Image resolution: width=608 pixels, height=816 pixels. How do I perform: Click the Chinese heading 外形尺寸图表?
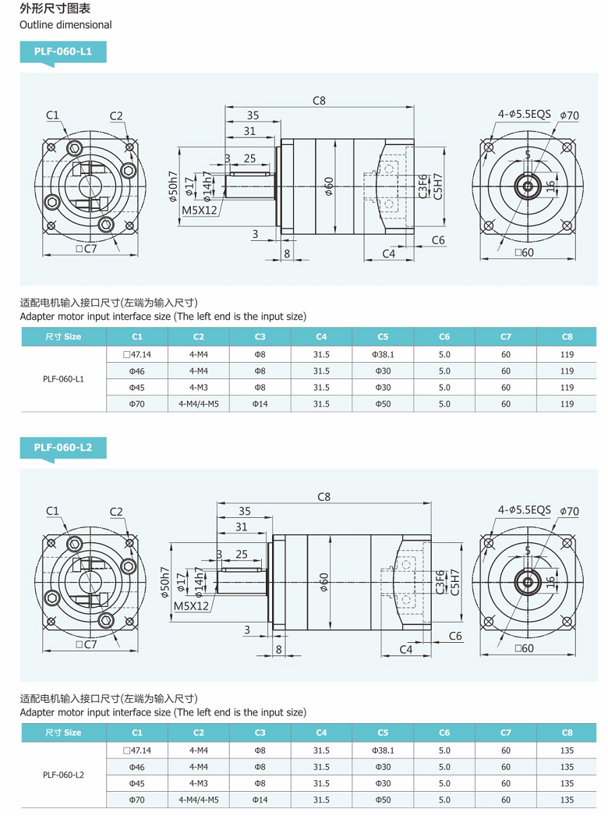point(55,9)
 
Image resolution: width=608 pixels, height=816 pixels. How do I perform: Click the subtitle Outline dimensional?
point(65,25)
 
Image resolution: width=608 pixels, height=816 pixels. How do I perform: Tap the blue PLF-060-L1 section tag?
point(62,51)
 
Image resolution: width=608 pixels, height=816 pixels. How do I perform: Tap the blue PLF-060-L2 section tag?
point(62,447)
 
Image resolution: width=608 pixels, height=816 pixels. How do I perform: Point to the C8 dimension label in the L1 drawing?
point(319,100)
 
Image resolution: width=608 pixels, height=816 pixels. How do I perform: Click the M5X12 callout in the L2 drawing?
point(191,605)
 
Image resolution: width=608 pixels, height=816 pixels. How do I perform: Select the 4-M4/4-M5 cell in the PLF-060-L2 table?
point(198,800)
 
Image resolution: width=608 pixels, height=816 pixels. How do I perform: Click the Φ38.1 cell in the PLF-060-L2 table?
point(383,750)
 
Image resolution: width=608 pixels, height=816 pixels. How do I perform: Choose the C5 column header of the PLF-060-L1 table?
point(383,337)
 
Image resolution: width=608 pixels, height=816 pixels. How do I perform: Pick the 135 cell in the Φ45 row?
point(567,783)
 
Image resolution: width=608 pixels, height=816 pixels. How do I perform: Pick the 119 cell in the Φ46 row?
point(567,371)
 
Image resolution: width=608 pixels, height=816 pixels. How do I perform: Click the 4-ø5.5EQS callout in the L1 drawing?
point(524,114)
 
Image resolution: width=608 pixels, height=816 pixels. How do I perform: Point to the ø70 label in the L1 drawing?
point(569,115)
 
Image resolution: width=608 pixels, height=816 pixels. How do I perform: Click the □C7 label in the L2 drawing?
point(86,644)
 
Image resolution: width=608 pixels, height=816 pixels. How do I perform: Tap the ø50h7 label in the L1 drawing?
point(172,186)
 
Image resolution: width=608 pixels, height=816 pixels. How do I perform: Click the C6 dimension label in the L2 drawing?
point(455,636)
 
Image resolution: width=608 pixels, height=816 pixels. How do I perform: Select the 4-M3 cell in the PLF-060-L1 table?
point(198,388)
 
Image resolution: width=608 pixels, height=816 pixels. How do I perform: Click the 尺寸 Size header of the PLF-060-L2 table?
point(63,733)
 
